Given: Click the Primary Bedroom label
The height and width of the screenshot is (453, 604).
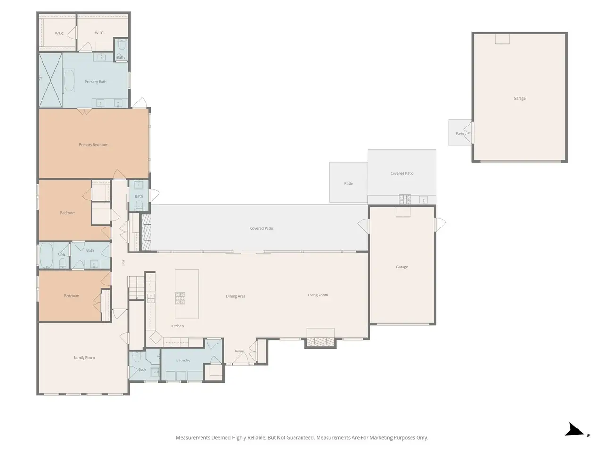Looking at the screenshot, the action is coord(93,145).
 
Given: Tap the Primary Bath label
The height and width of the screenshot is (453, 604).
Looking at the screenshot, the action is coord(95,82).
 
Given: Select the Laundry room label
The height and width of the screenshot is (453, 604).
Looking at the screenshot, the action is coord(183,361).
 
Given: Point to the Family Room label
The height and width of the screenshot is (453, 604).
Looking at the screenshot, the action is coord(84,358).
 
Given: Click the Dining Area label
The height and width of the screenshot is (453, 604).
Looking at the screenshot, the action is coord(235,296).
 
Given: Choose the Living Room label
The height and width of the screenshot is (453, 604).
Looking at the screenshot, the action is coord(318,295).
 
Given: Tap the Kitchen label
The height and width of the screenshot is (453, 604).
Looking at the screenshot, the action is coord(177,326).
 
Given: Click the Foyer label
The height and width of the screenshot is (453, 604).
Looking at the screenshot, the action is coord(239,351).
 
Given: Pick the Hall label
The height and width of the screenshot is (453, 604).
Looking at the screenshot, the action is coord(123,263).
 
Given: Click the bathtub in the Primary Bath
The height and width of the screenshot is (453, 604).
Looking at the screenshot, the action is coord(69,80).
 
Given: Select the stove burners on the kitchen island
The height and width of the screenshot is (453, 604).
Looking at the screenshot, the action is coord(180,298).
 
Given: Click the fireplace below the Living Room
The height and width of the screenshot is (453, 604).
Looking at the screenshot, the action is coord(320,342).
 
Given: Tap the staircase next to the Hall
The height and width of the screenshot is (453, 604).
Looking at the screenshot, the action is coord(137,288).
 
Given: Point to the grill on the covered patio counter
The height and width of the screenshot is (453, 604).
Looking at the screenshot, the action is coord(405,199).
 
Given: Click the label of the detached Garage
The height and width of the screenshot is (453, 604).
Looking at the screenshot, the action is coord(520,98).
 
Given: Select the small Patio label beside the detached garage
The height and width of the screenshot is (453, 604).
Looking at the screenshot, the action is coord(460,134).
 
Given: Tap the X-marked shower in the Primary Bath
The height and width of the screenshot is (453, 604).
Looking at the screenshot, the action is coord(50,80).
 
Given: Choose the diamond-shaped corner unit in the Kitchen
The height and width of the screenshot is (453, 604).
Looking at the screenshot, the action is coord(156,337).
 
